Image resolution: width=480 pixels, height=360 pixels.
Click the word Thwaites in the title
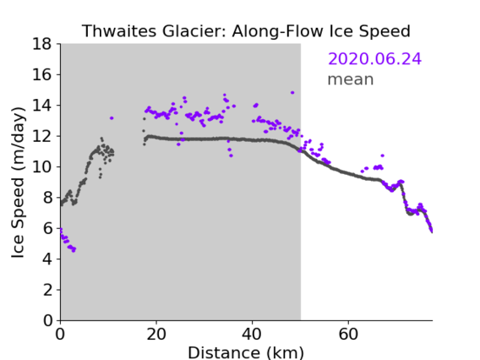(120, 31)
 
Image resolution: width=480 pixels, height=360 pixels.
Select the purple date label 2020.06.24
(374, 59)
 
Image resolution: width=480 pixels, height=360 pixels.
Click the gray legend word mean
(351, 79)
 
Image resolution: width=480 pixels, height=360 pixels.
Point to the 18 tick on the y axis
(42, 44)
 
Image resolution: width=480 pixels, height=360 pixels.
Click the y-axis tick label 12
(42, 136)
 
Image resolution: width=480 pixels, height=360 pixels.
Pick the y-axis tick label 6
(47, 228)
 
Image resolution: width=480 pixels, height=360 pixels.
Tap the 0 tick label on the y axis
(47, 320)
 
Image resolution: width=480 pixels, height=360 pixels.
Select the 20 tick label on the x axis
(156, 334)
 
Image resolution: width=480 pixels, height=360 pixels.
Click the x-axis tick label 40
(252, 334)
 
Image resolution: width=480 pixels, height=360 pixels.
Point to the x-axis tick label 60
(348, 334)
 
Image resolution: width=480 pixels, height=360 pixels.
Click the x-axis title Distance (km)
(246, 352)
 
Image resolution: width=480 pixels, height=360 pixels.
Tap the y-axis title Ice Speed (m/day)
(18, 183)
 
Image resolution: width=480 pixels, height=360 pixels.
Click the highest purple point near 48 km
(292, 92)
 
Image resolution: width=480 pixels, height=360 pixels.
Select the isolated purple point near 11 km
(112, 117)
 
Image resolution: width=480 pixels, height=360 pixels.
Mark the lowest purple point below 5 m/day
(74, 251)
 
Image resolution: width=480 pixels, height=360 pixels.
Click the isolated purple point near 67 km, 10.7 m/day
(382, 155)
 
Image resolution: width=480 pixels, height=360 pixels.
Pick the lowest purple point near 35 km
(231, 155)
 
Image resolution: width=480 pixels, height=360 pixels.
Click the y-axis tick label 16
(42, 74)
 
